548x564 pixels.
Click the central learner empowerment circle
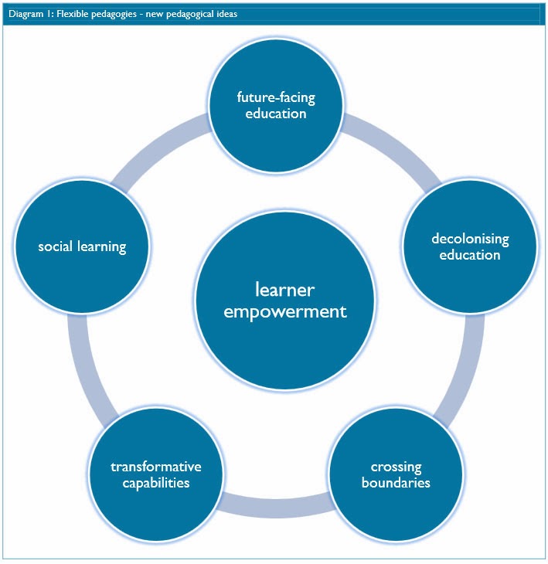tap(284, 301)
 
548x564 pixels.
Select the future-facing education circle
tap(276, 105)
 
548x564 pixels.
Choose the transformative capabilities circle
tap(155, 474)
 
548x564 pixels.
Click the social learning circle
tap(82, 246)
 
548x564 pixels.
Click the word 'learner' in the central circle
tap(284, 290)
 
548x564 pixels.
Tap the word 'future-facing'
tap(276, 98)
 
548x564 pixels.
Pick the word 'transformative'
tap(155, 467)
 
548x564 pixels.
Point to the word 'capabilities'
tap(155, 483)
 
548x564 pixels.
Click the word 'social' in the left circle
tap(56, 246)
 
